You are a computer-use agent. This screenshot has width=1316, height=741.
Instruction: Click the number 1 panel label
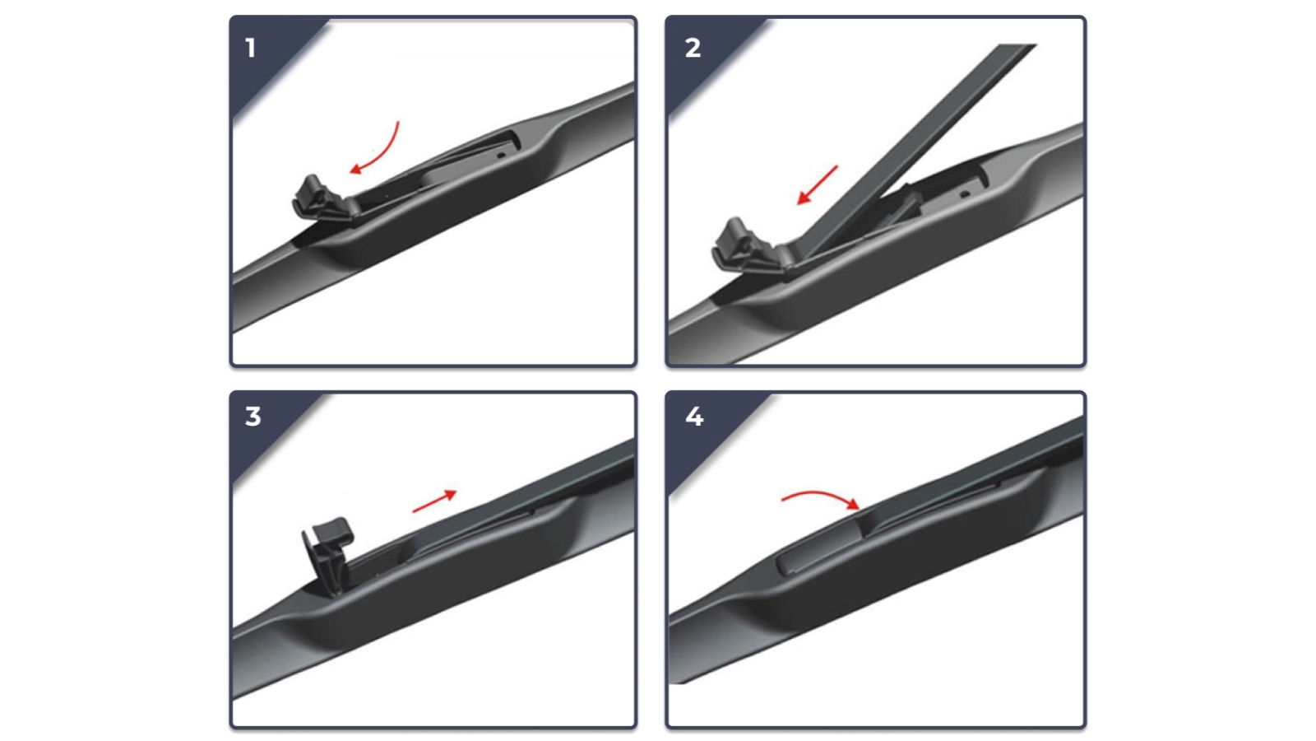(x=251, y=48)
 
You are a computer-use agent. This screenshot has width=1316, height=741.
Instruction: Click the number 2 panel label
(x=693, y=48)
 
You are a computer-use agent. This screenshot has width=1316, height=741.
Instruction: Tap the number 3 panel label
(x=253, y=416)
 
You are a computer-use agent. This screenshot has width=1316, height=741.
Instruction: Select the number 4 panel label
(x=694, y=416)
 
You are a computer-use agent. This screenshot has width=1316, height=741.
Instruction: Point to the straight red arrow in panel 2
(x=818, y=184)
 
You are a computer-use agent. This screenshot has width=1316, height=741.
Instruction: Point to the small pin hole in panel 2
(x=965, y=194)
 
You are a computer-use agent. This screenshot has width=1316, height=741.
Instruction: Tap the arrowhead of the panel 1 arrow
(x=356, y=170)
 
